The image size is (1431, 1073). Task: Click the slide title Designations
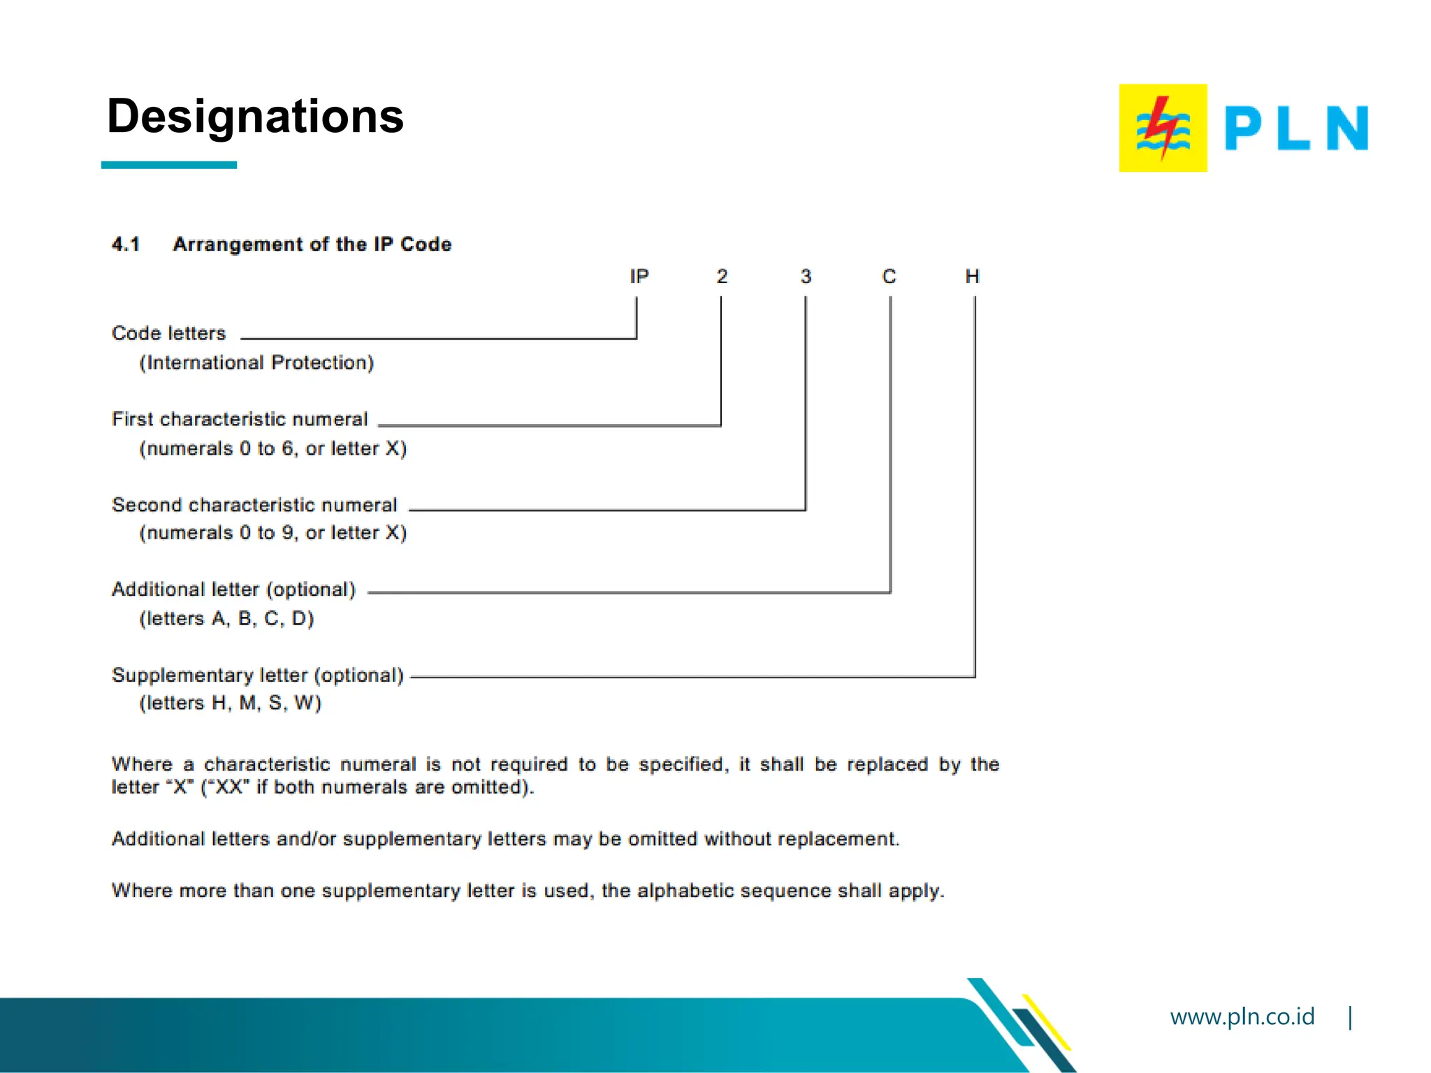click(255, 116)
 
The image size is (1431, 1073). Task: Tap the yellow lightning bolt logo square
click(1163, 128)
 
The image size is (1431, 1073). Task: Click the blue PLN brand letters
click(1296, 129)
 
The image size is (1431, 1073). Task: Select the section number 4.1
click(126, 244)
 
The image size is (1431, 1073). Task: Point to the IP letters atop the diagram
click(639, 277)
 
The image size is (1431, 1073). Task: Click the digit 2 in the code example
click(722, 277)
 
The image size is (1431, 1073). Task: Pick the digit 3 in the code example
click(806, 277)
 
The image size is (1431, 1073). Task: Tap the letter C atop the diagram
click(889, 277)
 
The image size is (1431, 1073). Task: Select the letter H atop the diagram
click(972, 277)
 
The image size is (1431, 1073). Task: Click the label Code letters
click(169, 333)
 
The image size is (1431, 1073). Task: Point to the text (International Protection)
click(256, 363)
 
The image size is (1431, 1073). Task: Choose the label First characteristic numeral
click(240, 419)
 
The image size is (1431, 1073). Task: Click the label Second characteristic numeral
click(254, 505)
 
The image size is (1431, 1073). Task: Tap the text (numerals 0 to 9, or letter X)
click(273, 533)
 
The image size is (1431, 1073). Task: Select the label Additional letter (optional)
click(234, 590)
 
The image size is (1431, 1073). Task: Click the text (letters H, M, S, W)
click(230, 703)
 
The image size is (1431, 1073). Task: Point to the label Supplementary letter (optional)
click(258, 676)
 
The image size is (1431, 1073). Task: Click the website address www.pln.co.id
click(1242, 1016)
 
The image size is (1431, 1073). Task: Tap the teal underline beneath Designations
click(169, 165)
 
